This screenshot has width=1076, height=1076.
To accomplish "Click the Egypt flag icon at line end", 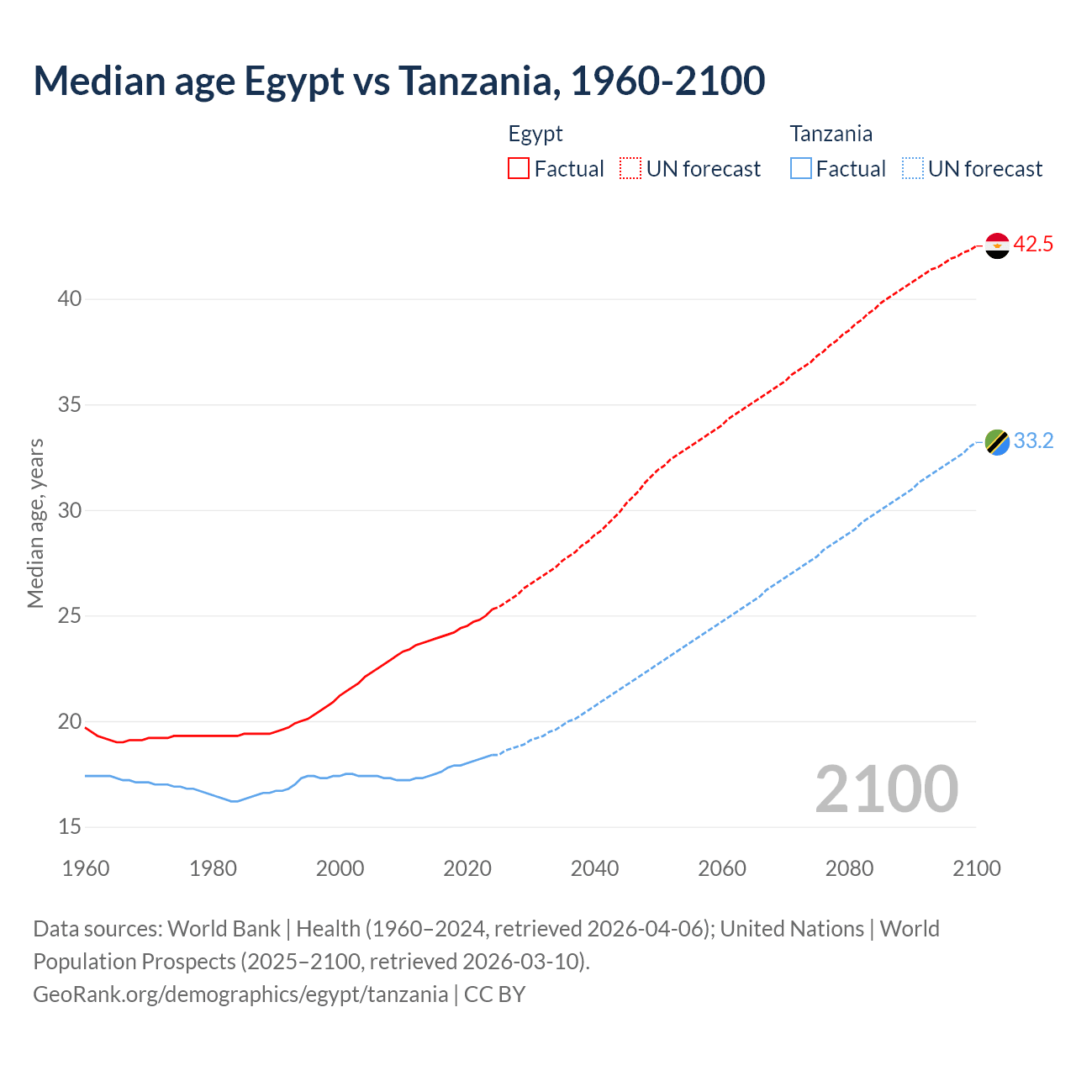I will [997, 245].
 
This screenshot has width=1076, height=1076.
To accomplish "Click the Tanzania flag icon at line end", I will [997, 442].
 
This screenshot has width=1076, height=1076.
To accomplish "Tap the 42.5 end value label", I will [1033, 245].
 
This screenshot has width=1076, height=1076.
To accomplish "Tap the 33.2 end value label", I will [1033, 441].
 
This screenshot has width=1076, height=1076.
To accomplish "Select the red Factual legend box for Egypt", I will [519, 169].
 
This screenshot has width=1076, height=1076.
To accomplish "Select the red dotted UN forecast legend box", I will [630, 169].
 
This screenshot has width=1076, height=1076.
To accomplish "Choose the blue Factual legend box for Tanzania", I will [800, 169].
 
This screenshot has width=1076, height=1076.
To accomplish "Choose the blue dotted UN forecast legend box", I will [912, 169].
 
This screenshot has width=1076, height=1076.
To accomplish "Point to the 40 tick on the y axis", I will [70, 299].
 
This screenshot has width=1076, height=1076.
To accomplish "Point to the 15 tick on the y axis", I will [70, 827].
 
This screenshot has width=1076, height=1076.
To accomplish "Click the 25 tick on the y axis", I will [70, 616].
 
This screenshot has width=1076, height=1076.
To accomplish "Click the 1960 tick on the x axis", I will [86, 868].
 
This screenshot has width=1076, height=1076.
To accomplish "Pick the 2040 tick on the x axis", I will [594, 868].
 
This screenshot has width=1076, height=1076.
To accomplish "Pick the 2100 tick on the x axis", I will [976, 868].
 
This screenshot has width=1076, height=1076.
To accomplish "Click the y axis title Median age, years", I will [35, 523].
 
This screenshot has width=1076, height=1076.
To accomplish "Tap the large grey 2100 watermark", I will [886, 789].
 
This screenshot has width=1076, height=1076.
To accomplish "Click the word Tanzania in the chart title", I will [476, 81].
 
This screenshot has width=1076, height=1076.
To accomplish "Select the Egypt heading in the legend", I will [535, 134].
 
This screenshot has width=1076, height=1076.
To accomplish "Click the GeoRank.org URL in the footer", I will [240, 994].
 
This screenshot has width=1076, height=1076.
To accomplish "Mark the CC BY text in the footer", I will [495, 994].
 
